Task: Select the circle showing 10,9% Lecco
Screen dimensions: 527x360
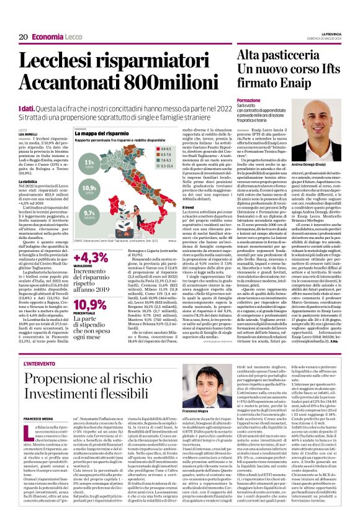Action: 90,188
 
